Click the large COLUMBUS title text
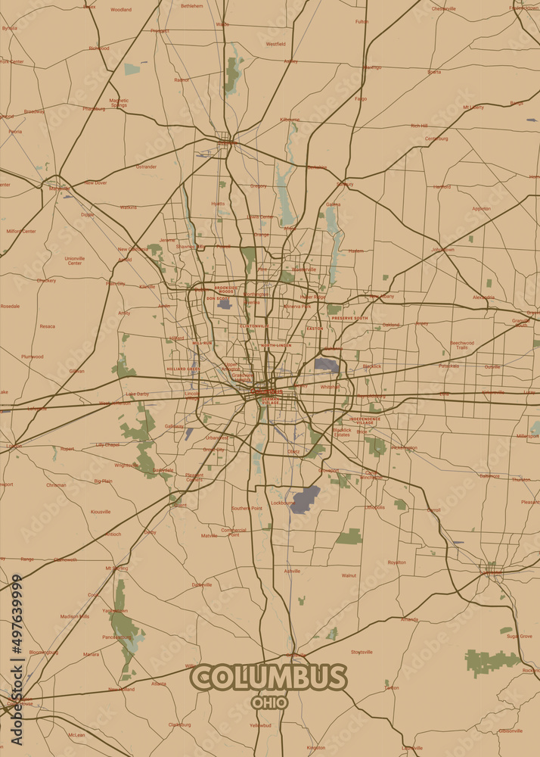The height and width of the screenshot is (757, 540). click(268, 677)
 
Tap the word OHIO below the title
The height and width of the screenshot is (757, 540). click(269, 702)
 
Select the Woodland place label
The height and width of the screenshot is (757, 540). click(120, 10)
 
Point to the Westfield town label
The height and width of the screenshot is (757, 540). click(275, 44)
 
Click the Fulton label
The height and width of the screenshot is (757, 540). click(362, 21)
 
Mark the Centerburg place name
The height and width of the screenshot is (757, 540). click(436, 139)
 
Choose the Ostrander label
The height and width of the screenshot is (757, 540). click(146, 167)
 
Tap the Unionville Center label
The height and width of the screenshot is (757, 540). click(75, 260)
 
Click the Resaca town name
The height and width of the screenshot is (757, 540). click(47, 326)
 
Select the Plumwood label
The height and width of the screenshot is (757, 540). click(32, 356)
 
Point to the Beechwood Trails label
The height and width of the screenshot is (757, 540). click(462, 344)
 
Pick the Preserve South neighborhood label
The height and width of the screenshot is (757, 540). click(349, 318)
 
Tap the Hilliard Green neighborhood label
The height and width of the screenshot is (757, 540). click(183, 369)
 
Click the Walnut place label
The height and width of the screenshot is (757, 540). click(349, 575)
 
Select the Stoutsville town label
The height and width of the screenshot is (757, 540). click(362, 652)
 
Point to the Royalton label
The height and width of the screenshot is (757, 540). click(396, 562)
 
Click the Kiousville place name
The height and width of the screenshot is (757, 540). click(101, 512)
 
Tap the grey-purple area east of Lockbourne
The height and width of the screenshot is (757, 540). click(306, 500)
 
